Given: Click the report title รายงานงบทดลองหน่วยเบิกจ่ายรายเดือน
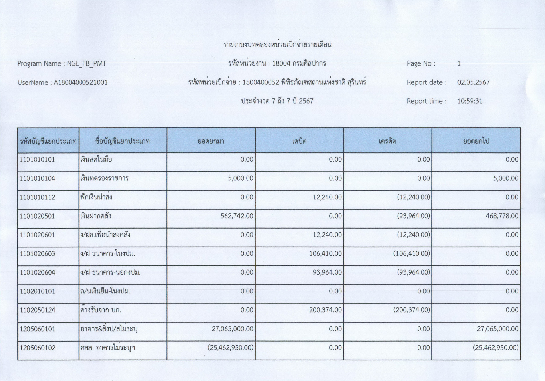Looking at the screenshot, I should [x=277, y=45].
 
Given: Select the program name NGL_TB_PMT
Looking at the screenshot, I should [x=86, y=64].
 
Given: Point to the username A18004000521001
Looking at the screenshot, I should [x=80, y=82].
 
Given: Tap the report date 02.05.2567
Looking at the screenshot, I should [x=473, y=82].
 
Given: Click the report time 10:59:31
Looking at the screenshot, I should [x=469, y=101].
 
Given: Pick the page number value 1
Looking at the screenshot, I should [x=459, y=64].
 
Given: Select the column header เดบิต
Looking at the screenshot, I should [x=299, y=141].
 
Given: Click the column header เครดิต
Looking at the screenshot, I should [x=387, y=141].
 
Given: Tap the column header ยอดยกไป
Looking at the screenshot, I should [x=476, y=141].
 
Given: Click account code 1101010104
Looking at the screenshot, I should [x=38, y=178].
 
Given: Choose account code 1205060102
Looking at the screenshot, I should [x=38, y=348].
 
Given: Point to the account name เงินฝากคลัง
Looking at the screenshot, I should [x=96, y=216].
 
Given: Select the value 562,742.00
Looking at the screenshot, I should [x=237, y=216].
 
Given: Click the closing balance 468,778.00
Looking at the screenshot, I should [x=502, y=216].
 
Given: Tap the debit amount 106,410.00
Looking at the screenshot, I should [x=325, y=254].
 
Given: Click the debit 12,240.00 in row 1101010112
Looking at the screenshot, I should [x=327, y=197].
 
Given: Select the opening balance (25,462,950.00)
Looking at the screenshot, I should [x=231, y=348].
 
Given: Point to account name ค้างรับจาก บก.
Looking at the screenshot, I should [x=101, y=310].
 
